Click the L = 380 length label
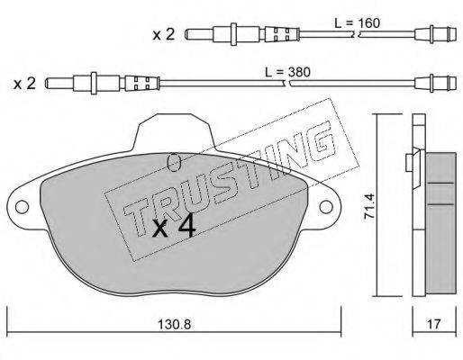[313, 70]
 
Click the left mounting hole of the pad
[21, 207]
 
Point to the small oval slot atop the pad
[175, 163]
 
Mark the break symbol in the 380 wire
[289, 86]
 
